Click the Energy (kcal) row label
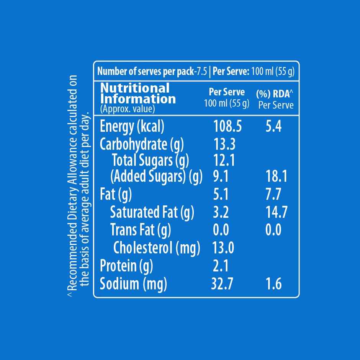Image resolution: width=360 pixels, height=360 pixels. pyautogui.click(x=132, y=127)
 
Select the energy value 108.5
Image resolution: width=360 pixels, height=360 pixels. pyautogui.click(x=226, y=127)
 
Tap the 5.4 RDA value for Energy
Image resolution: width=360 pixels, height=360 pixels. pyautogui.click(x=273, y=127)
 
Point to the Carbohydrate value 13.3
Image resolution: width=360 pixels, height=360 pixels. pyautogui.click(x=224, y=144)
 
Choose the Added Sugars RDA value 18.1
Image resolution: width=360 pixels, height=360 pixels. pyautogui.click(x=276, y=177)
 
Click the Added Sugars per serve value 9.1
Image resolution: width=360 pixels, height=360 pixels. pyautogui.click(x=221, y=177)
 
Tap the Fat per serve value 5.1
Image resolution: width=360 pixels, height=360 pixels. pyautogui.click(x=221, y=195)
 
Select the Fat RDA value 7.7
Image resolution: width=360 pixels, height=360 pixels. pyautogui.click(x=273, y=195)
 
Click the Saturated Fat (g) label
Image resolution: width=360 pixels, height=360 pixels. pyautogui.click(x=152, y=212)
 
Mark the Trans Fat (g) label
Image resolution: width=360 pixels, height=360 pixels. pyautogui.click(x=141, y=230)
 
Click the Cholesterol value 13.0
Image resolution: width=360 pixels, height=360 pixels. pyautogui.click(x=223, y=248)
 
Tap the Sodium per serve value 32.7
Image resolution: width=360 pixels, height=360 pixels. pyautogui.click(x=222, y=284)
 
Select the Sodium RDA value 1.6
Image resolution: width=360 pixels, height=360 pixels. pyautogui.click(x=273, y=284)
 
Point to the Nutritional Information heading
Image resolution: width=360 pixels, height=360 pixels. pyautogui.click(x=138, y=94)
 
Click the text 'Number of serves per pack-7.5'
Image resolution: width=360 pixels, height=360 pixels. pyautogui.click(x=152, y=71)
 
